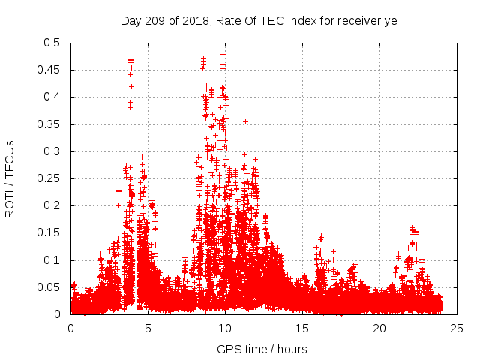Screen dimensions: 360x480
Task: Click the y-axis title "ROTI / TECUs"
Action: coord(10,178)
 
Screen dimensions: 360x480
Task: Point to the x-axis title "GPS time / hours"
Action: coord(262,349)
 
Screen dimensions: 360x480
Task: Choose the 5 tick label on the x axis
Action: coord(148,328)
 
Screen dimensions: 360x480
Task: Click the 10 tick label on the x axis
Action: coord(225,328)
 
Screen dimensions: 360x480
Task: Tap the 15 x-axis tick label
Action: coord(302,328)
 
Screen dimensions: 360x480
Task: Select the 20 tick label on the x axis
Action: coord(379,328)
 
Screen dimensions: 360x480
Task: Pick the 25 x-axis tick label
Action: coord(457,328)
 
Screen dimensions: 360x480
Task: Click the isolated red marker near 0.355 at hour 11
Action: coord(245,121)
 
